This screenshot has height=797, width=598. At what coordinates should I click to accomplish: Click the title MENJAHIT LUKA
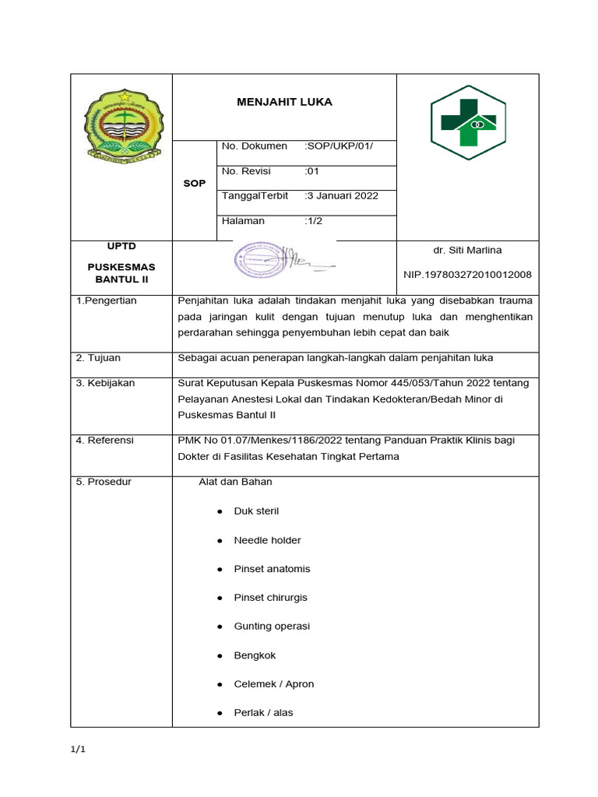coord(283,102)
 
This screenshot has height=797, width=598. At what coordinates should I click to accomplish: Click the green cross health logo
coord(468,122)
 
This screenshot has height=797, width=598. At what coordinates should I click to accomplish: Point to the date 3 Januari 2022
coord(342,196)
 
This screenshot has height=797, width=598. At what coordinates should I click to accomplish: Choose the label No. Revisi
coord(246,171)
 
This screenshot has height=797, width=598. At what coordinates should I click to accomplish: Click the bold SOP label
coord(194,184)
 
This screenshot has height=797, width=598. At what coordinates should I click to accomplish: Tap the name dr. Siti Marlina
coord(467,251)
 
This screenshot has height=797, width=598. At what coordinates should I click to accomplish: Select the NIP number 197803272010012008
coord(467,275)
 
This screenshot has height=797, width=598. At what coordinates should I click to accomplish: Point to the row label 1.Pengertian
coord(107,301)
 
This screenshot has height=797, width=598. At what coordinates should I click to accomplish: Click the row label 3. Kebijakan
coord(106,383)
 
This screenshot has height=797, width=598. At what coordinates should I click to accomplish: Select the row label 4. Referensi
coord(105,441)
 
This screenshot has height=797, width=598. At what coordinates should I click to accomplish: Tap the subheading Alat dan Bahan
coord(236,482)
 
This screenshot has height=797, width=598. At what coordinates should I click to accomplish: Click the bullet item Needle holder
coord(267,540)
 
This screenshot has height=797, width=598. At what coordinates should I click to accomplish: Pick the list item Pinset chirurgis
coord(270,598)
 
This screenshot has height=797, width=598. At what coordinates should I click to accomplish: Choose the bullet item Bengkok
coord(255,655)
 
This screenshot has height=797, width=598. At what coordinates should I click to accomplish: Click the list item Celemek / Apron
coord(273,684)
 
